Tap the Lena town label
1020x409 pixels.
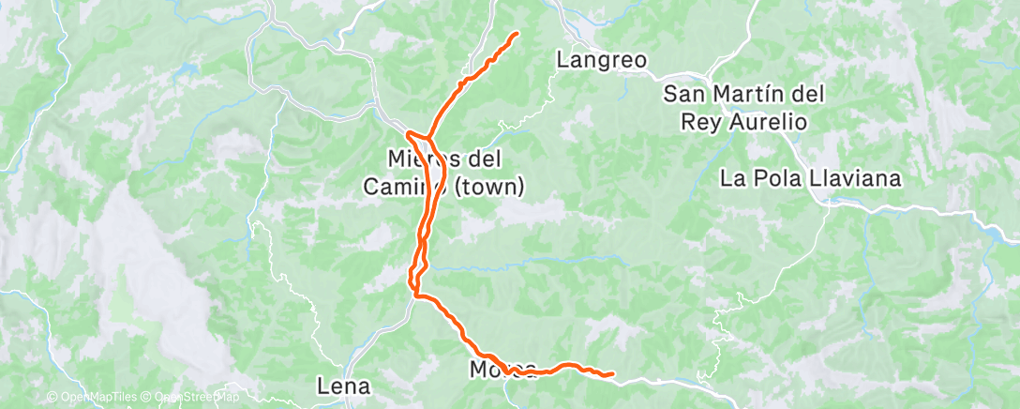point(344,386)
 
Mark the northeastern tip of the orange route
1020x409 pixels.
point(517,34)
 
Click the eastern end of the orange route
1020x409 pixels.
point(612,374)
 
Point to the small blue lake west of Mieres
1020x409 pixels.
point(188,69)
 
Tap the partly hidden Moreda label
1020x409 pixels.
point(502,369)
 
